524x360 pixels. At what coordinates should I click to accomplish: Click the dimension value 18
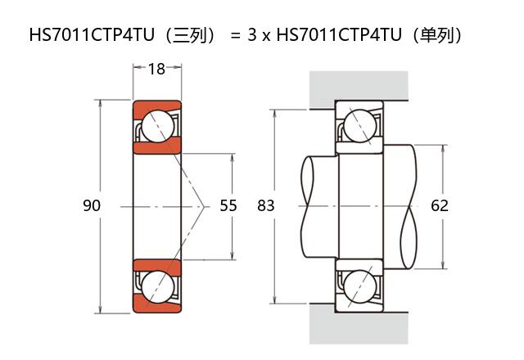point(156,69)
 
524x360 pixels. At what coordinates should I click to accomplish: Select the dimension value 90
point(92,205)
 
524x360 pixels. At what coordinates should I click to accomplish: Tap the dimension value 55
point(228,205)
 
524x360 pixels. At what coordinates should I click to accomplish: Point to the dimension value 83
point(266,205)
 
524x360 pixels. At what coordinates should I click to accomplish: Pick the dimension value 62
point(440,205)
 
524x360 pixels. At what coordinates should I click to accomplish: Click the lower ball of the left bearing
point(157,286)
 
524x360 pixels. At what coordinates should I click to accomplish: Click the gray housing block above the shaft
point(359,86)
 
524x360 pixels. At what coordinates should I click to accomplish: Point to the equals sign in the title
point(235,35)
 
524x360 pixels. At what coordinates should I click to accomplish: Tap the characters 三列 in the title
point(189,35)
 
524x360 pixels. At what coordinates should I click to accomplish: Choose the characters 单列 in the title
point(438,35)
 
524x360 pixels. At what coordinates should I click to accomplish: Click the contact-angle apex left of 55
point(204,205)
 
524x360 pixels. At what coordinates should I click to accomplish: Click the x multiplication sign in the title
point(267,36)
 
